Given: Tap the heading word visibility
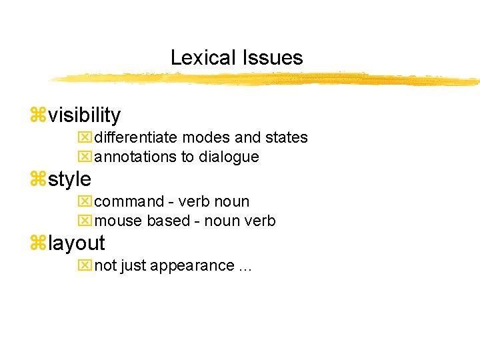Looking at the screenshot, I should (84, 116).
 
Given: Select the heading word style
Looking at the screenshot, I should (70, 179).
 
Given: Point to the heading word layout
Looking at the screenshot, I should (77, 243).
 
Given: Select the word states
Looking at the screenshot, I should (287, 138).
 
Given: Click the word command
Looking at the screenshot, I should (129, 201).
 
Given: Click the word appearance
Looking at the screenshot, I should (192, 266).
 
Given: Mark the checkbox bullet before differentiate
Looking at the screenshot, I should (84, 138).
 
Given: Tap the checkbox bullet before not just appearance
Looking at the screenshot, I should (84, 265).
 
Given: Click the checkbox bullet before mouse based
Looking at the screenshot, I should (84, 221).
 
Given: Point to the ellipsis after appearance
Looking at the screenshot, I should (245, 267).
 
